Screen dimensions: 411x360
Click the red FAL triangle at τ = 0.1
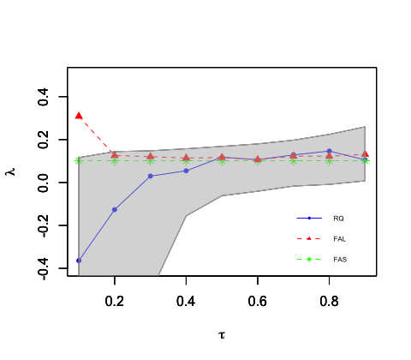(x=79, y=116)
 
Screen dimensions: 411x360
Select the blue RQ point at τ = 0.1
(x=79, y=261)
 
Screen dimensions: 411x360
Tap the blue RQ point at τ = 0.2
(x=115, y=209)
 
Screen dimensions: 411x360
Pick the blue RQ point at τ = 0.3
(x=151, y=176)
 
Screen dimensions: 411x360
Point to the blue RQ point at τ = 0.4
(x=186, y=171)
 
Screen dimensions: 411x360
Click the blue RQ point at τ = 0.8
(x=329, y=151)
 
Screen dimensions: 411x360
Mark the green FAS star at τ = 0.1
(x=79, y=161)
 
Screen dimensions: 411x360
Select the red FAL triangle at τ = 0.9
(x=365, y=154)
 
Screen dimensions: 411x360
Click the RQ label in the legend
(x=338, y=219)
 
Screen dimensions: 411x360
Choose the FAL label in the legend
(x=340, y=239)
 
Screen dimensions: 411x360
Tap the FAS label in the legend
(x=340, y=260)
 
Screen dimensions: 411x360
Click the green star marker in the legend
(x=309, y=259)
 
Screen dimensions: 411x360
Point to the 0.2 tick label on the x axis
(x=115, y=301)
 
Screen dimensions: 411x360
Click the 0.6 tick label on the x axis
(x=258, y=301)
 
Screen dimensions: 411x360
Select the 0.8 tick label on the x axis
(x=329, y=301)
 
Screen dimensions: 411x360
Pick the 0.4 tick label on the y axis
(x=43, y=97)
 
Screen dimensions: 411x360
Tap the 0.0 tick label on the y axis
(x=43, y=183)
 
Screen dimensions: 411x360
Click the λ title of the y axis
(x=11, y=171)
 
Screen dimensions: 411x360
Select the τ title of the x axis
(x=222, y=335)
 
